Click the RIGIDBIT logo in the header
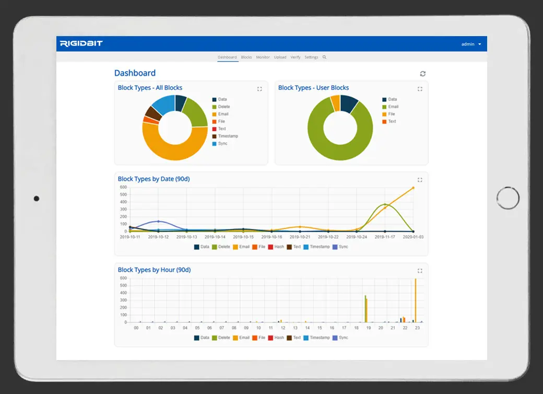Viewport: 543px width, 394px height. point(81,43)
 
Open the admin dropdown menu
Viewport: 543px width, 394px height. point(471,44)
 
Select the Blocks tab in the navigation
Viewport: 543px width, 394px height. point(246,57)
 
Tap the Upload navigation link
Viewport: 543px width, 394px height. point(280,57)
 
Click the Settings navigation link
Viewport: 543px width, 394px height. point(311,57)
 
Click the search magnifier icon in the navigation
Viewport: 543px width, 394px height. point(324,57)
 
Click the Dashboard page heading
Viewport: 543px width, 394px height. point(135,73)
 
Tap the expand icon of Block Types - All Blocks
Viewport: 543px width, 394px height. point(259,89)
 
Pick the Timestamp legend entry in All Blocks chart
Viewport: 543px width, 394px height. point(228,136)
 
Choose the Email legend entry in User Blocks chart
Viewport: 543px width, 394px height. point(393,107)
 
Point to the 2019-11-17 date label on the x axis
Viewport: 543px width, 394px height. point(385,237)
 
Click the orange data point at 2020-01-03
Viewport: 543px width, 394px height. point(413,188)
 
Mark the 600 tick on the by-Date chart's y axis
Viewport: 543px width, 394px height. point(123,187)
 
